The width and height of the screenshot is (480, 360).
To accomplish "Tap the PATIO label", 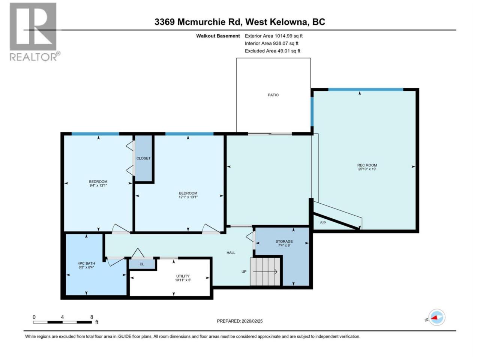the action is pyautogui.click(x=273, y=95).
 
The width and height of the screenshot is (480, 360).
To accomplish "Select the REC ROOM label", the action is pyautogui.click(x=367, y=165).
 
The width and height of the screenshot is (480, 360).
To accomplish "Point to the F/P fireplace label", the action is pyautogui.click(x=323, y=223).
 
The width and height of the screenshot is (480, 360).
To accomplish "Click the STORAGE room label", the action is pyautogui.click(x=284, y=241).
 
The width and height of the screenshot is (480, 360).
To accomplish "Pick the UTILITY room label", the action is pyautogui.click(x=183, y=276).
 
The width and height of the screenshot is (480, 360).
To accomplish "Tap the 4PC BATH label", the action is pyautogui.click(x=86, y=263).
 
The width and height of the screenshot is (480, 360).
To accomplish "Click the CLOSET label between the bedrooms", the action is pyautogui.click(x=143, y=158).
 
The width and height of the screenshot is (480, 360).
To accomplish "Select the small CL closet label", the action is pyautogui.click(x=142, y=264).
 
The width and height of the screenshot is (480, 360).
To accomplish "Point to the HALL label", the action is pyautogui.click(x=231, y=253).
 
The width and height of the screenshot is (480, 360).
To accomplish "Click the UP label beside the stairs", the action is pyautogui.click(x=244, y=271).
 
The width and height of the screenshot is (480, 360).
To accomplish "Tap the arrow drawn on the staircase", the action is pyautogui.click(x=265, y=272).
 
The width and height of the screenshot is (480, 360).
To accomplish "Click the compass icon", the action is pyautogui.click(x=436, y=317).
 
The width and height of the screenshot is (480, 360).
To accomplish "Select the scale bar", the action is pyautogui.click(x=63, y=322).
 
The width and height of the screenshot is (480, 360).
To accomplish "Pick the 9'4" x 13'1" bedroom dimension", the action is pyautogui.click(x=98, y=185).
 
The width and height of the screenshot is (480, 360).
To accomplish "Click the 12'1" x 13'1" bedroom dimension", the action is pyautogui.click(x=188, y=197).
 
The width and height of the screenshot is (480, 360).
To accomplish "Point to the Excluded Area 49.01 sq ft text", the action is pyautogui.click(x=273, y=51).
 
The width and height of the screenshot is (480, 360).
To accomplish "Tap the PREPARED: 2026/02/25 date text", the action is pyautogui.click(x=240, y=321).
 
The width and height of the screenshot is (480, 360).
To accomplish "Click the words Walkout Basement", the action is pyautogui.click(x=218, y=36).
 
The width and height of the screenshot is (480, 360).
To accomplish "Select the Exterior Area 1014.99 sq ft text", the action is pyautogui.click(x=274, y=36).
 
